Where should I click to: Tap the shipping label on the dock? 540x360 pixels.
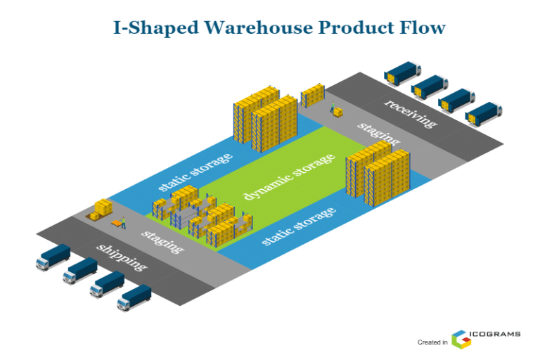tap(122, 258)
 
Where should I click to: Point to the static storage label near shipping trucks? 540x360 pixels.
tap(298, 226)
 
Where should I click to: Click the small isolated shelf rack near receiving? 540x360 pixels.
tap(313, 95)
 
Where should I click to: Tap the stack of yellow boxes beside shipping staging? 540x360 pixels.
tap(101, 209)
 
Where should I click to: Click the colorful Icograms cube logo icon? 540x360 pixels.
tap(461, 339)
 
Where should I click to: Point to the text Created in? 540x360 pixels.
tap(432, 342)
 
